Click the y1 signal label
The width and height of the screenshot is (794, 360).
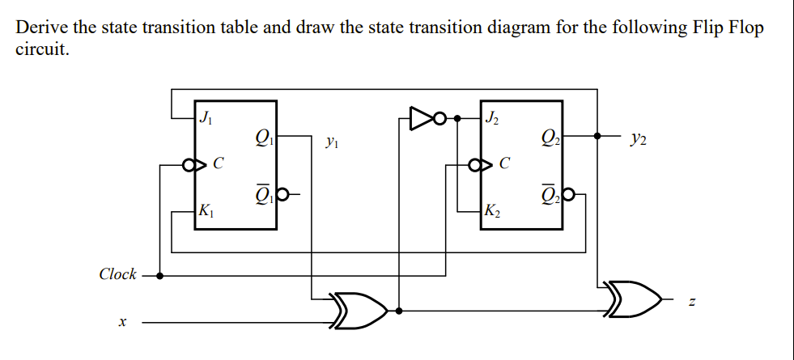click(331, 142)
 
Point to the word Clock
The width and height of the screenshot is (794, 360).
click(117, 274)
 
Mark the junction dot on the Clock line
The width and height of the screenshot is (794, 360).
click(159, 275)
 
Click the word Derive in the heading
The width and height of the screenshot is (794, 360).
click(42, 27)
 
